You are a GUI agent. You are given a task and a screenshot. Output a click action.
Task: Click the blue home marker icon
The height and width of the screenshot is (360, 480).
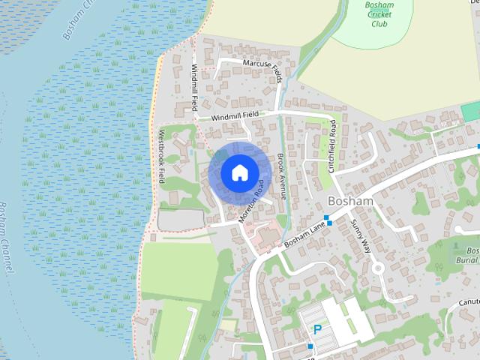pyautogui.click(x=238, y=172)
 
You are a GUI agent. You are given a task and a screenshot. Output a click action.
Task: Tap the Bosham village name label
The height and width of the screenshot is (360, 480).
pyautogui.click(x=350, y=202)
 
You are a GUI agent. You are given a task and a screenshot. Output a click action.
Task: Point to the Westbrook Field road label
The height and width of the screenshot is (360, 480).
pyautogui.click(x=160, y=157)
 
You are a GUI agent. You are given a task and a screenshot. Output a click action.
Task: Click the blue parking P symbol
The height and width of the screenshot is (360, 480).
pyautogui.click(x=317, y=330)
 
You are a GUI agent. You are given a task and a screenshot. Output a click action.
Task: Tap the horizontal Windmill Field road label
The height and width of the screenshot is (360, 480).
pyautogui.click(x=235, y=116)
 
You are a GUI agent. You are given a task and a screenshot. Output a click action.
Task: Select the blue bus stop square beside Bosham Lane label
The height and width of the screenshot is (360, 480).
pyautogui.click(x=328, y=221)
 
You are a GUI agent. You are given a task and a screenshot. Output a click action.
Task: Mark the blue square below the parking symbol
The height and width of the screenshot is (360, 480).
pyautogui.click(x=310, y=346)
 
